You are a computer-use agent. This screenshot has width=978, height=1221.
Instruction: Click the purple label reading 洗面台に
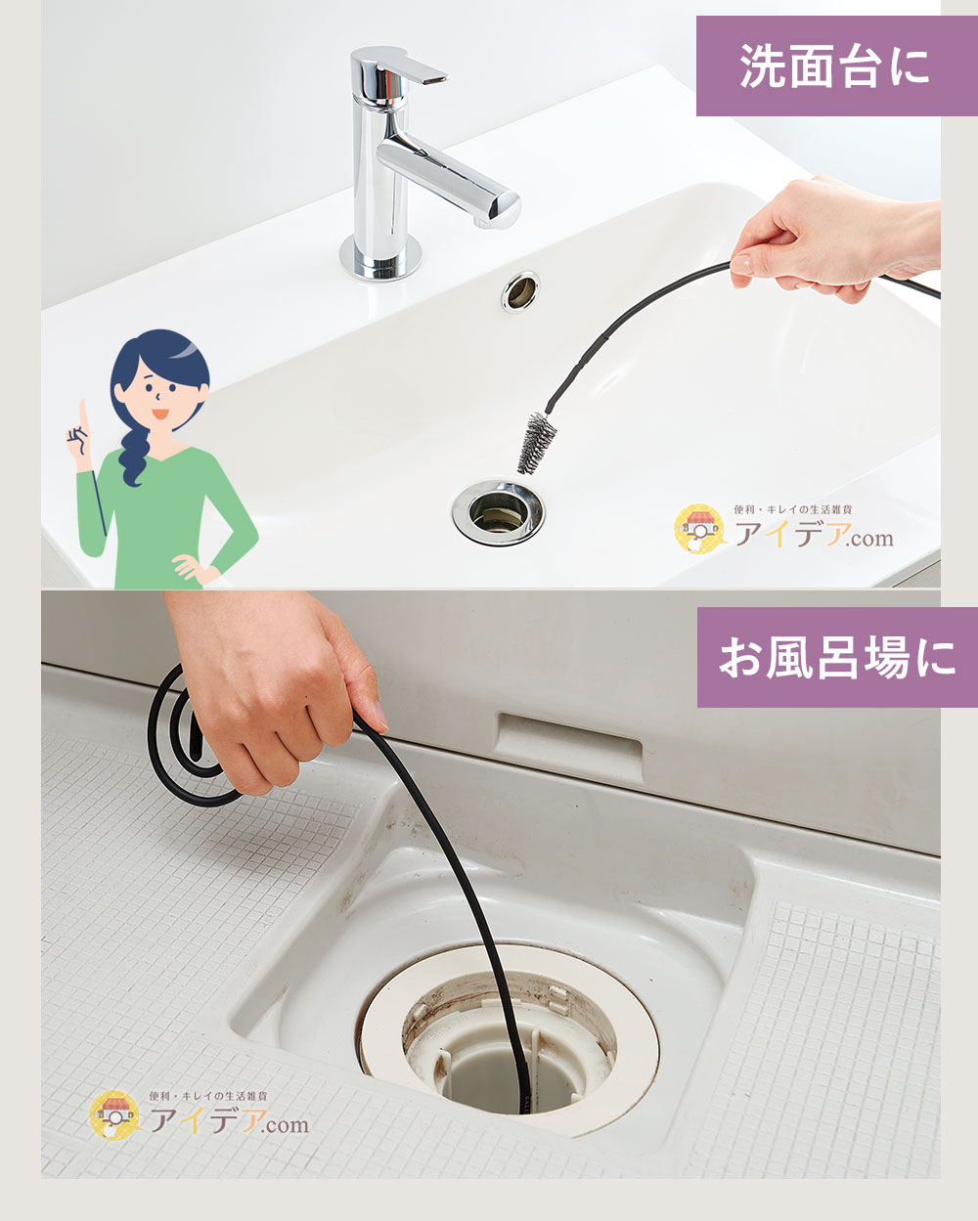coord(836,65)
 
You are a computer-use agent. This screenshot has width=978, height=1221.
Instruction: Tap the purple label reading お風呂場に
coord(837,657)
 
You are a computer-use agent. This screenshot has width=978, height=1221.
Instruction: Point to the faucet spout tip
coord(506,210)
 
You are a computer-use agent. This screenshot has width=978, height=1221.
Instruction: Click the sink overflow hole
coord(520,292)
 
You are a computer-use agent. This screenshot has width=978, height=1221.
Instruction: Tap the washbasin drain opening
coord(498,512)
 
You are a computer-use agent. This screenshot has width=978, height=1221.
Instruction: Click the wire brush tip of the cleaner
coord(536,443)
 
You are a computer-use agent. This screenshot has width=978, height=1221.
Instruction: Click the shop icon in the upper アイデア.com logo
coord(698,528)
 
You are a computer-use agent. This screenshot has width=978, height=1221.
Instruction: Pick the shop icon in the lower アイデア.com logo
coord(114,1114)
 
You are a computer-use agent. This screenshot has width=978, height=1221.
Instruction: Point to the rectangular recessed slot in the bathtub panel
coord(570,747)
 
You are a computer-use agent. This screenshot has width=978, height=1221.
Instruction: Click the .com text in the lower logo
coord(286,1125)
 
